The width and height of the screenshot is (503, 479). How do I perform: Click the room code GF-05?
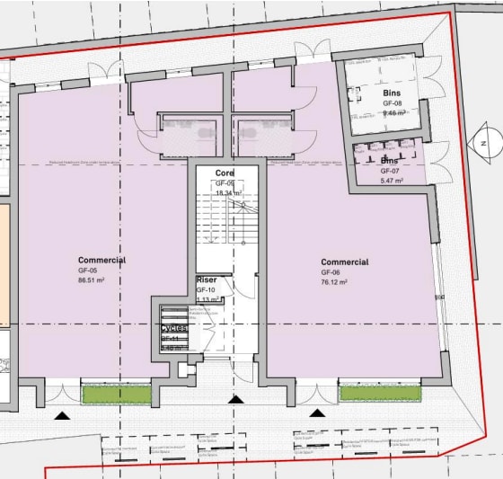click(x=87, y=271)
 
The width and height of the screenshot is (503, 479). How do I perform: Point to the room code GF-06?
click(x=331, y=271)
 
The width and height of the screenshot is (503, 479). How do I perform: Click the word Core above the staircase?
click(x=225, y=172)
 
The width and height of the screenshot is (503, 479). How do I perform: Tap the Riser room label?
click(x=207, y=280)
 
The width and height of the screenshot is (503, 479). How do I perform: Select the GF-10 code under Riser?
click(x=206, y=290)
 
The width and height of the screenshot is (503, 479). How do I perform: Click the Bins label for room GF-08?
click(x=390, y=93)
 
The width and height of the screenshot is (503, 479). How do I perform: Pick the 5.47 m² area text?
click(x=391, y=181)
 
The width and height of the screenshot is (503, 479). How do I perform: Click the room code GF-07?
click(x=389, y=171)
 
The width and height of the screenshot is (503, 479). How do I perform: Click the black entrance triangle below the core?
click(x=236, y=399)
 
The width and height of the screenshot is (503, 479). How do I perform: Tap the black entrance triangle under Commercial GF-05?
click(x=62, y=414)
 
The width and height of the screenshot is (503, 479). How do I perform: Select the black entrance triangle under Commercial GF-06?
click(x=317, y=412)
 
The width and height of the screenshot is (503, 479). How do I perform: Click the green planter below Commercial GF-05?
click(x=116, y=393)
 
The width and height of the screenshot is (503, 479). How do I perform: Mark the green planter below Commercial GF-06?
click(x=380, y=392)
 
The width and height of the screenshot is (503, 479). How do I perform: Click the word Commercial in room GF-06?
click(x=345, y=262)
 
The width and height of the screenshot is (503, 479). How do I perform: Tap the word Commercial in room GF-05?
click(x=101, y=261)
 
